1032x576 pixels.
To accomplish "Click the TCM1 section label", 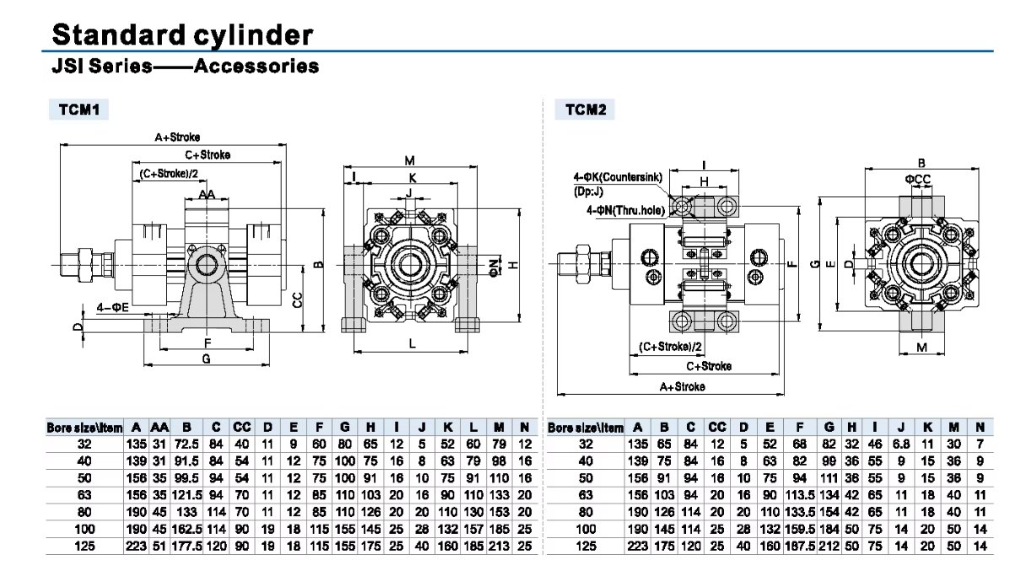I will pyautogui.click(x=78, y=109).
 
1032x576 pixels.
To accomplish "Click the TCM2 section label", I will pyautogui.click(x=585, y=109).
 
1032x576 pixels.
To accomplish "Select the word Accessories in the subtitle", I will pyautogui.click(x=257, y=66).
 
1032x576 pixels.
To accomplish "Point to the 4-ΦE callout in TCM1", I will pyautogui.click(x=112, y=308).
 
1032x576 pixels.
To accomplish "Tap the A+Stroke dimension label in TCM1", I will pyautogui.click(x=177, y=136).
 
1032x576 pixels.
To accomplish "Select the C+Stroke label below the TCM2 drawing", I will pyautogui.click(x=708, y=367).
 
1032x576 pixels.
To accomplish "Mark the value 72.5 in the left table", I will pyautogui.click(x=186, y=444).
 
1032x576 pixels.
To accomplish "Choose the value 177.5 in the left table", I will pyautogui.click(x=186, y=546).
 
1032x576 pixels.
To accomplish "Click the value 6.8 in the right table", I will pyautogui.click(x=901, y=444).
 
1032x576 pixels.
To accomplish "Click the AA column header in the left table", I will pyautogui.click(x=159, y=428).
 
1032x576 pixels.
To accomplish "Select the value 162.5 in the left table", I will pyautogui.click(x=186, y=530).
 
